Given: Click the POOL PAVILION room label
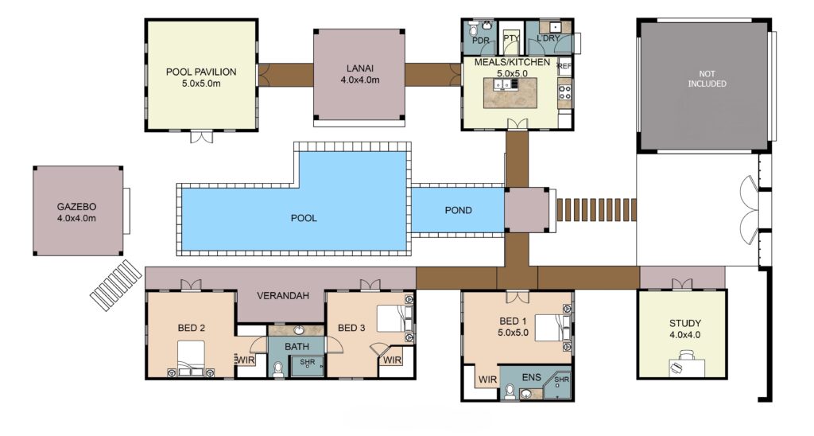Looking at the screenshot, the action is click(201, 72).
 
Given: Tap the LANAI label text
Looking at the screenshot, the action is click(360, 68).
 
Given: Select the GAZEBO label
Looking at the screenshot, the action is click(76, 206).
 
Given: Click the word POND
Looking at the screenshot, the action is click(459, 211).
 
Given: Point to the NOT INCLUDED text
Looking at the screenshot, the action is click(707, 79).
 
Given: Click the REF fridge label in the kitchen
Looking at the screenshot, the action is click(564, 67).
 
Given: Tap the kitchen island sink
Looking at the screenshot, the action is click(502, 84).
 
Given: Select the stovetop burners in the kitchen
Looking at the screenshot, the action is click(564, 93).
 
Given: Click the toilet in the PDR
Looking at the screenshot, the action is click(475, 30).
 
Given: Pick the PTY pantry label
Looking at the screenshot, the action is click(511, 38).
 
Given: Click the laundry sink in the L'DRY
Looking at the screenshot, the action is click(555, 26).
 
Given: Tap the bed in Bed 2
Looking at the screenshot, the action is click(191, 357).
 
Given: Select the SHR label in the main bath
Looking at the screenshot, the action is click(308, 362).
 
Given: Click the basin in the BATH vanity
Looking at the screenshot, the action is click(300, 330).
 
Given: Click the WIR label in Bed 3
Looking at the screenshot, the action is click(393, 360).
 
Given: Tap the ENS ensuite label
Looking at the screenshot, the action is click(531, 378).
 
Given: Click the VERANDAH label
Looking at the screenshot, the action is click(283, 296).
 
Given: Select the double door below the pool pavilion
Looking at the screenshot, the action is click(201, 136).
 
